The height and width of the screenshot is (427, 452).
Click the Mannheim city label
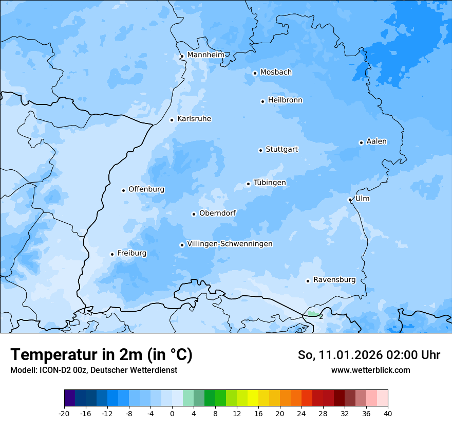205,55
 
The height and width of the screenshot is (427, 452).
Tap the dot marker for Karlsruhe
172,120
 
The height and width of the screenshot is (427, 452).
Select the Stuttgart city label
281,150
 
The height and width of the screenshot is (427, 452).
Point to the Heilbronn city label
285,100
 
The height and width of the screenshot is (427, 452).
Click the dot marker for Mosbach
255,73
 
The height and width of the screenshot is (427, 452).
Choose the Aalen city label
376,141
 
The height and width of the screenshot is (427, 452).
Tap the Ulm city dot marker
350,200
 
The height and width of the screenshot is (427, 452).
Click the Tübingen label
270,183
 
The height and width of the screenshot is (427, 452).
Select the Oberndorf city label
217,213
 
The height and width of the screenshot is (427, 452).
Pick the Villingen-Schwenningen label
230,244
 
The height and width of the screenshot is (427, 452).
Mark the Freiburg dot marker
112,254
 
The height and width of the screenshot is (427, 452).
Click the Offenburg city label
146,189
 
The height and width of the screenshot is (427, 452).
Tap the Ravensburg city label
334,280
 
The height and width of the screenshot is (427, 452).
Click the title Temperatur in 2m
101,354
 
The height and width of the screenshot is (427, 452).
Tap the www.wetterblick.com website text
370,370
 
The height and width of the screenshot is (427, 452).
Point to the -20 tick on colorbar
64,413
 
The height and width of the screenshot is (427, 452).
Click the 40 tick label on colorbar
388,413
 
